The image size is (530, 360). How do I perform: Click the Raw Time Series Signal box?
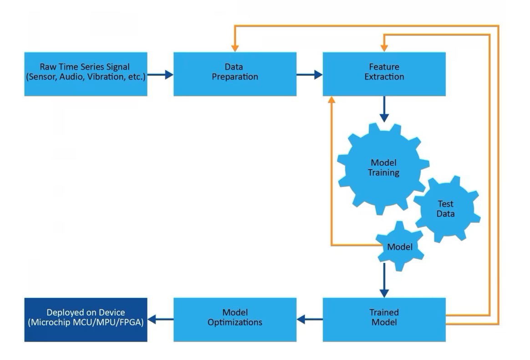coord(86,74)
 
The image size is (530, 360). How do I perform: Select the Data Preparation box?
coord(235,74)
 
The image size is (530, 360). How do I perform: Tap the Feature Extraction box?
coord(384,74)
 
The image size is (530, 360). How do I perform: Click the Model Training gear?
coord(383,168)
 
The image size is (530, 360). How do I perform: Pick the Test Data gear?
coord(446,209)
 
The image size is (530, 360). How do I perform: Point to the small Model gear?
coord(400,247)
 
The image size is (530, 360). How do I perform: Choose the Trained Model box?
coord(384,319)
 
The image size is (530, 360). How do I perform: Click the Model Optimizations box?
coord(235,319)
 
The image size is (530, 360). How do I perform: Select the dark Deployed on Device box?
coord(86,319)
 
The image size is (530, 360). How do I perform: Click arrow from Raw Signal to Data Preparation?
coord(160,74)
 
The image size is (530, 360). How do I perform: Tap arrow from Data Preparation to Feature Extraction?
coord(310,74)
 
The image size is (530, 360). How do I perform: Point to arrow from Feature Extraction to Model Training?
coord(384,109)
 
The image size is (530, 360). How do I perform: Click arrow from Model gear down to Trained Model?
coord(384,281)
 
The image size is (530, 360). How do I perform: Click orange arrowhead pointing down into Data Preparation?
coord(235,46)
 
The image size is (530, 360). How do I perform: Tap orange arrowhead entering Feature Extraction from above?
coord(384,46)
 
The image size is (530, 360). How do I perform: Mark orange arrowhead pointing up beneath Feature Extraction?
coord(331,100)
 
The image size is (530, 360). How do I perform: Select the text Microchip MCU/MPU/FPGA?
coord(86,323)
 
